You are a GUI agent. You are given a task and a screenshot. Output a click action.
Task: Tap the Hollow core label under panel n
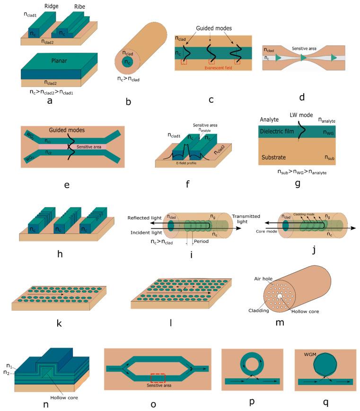tap(60, 398)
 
